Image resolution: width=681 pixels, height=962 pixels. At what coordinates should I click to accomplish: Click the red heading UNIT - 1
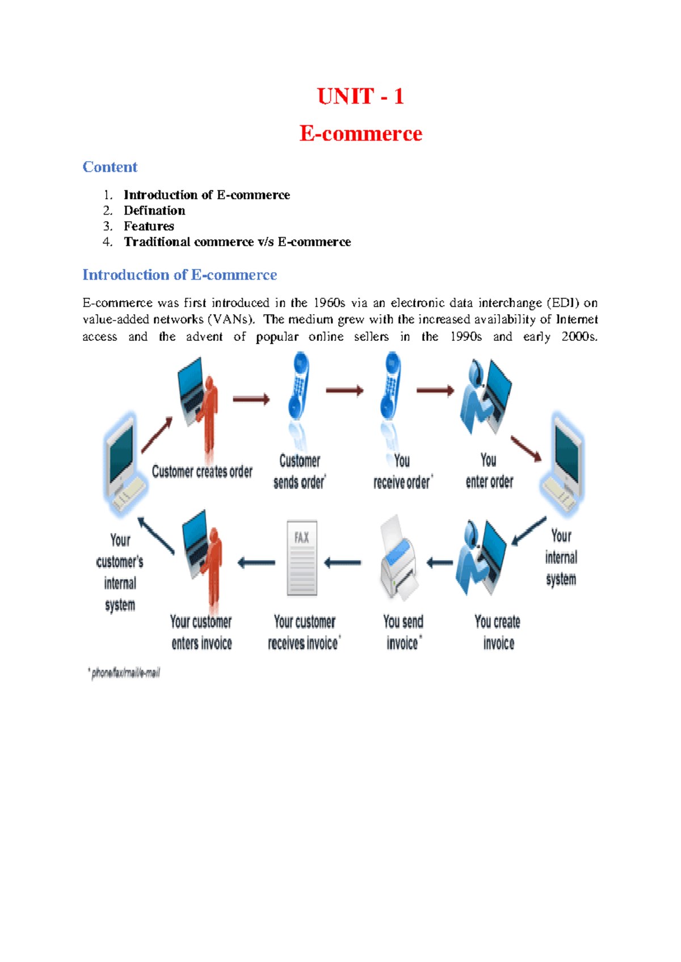pyautogui.click(x=360, y=96)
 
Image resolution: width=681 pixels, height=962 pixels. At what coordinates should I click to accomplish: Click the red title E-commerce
pyautogui.click(x=360, y=134)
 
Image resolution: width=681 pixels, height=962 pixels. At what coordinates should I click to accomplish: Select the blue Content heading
pyautogui.click(x=110, y=167)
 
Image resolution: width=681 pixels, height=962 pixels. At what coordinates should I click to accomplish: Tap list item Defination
pyautogui.click(x=154, y=210)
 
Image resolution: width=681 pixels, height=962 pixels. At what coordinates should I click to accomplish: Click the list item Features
pyautogui.click(x=149, y=226)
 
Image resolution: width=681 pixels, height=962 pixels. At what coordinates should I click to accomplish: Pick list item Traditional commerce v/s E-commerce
pyautogui.click(x=237, y=242)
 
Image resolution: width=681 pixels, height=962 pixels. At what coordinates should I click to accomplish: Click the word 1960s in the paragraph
pyautogui.click(x=329, y=303)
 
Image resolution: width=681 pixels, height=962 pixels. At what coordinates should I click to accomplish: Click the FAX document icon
pyautogui.click(x=302, y=558)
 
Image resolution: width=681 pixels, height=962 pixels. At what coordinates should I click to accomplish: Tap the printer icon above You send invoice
pyautogui.click(x=400, y=559)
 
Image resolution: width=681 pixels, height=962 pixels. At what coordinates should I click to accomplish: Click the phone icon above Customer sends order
pyautogui.click(x=299, y=386)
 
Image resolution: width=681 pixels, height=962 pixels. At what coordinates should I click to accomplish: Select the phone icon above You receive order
pyautogui.click(x=390, y=386)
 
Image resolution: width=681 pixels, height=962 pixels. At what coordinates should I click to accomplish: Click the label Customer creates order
pyautogui.click(x=202, y=472)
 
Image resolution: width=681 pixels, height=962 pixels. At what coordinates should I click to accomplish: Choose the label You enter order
pyautogui.click(x=489, y=471)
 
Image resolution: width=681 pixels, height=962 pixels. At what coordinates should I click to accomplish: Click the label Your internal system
pyautogui.click(x=561, y=558)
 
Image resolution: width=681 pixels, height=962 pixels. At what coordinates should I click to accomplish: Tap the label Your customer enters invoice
pyautogui.click(x=201, y=632)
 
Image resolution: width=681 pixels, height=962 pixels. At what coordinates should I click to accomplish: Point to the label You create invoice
pyautogui.click(x=498, y=632)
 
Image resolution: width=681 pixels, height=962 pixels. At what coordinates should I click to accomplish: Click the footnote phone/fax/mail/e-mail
pyautogui.click(x=125, y=673)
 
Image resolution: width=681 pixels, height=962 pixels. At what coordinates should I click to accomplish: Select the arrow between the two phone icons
pyautogui.click(x=344, y=390)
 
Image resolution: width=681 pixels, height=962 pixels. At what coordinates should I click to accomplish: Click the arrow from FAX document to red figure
pyautogui.click(x=257, y=563)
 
